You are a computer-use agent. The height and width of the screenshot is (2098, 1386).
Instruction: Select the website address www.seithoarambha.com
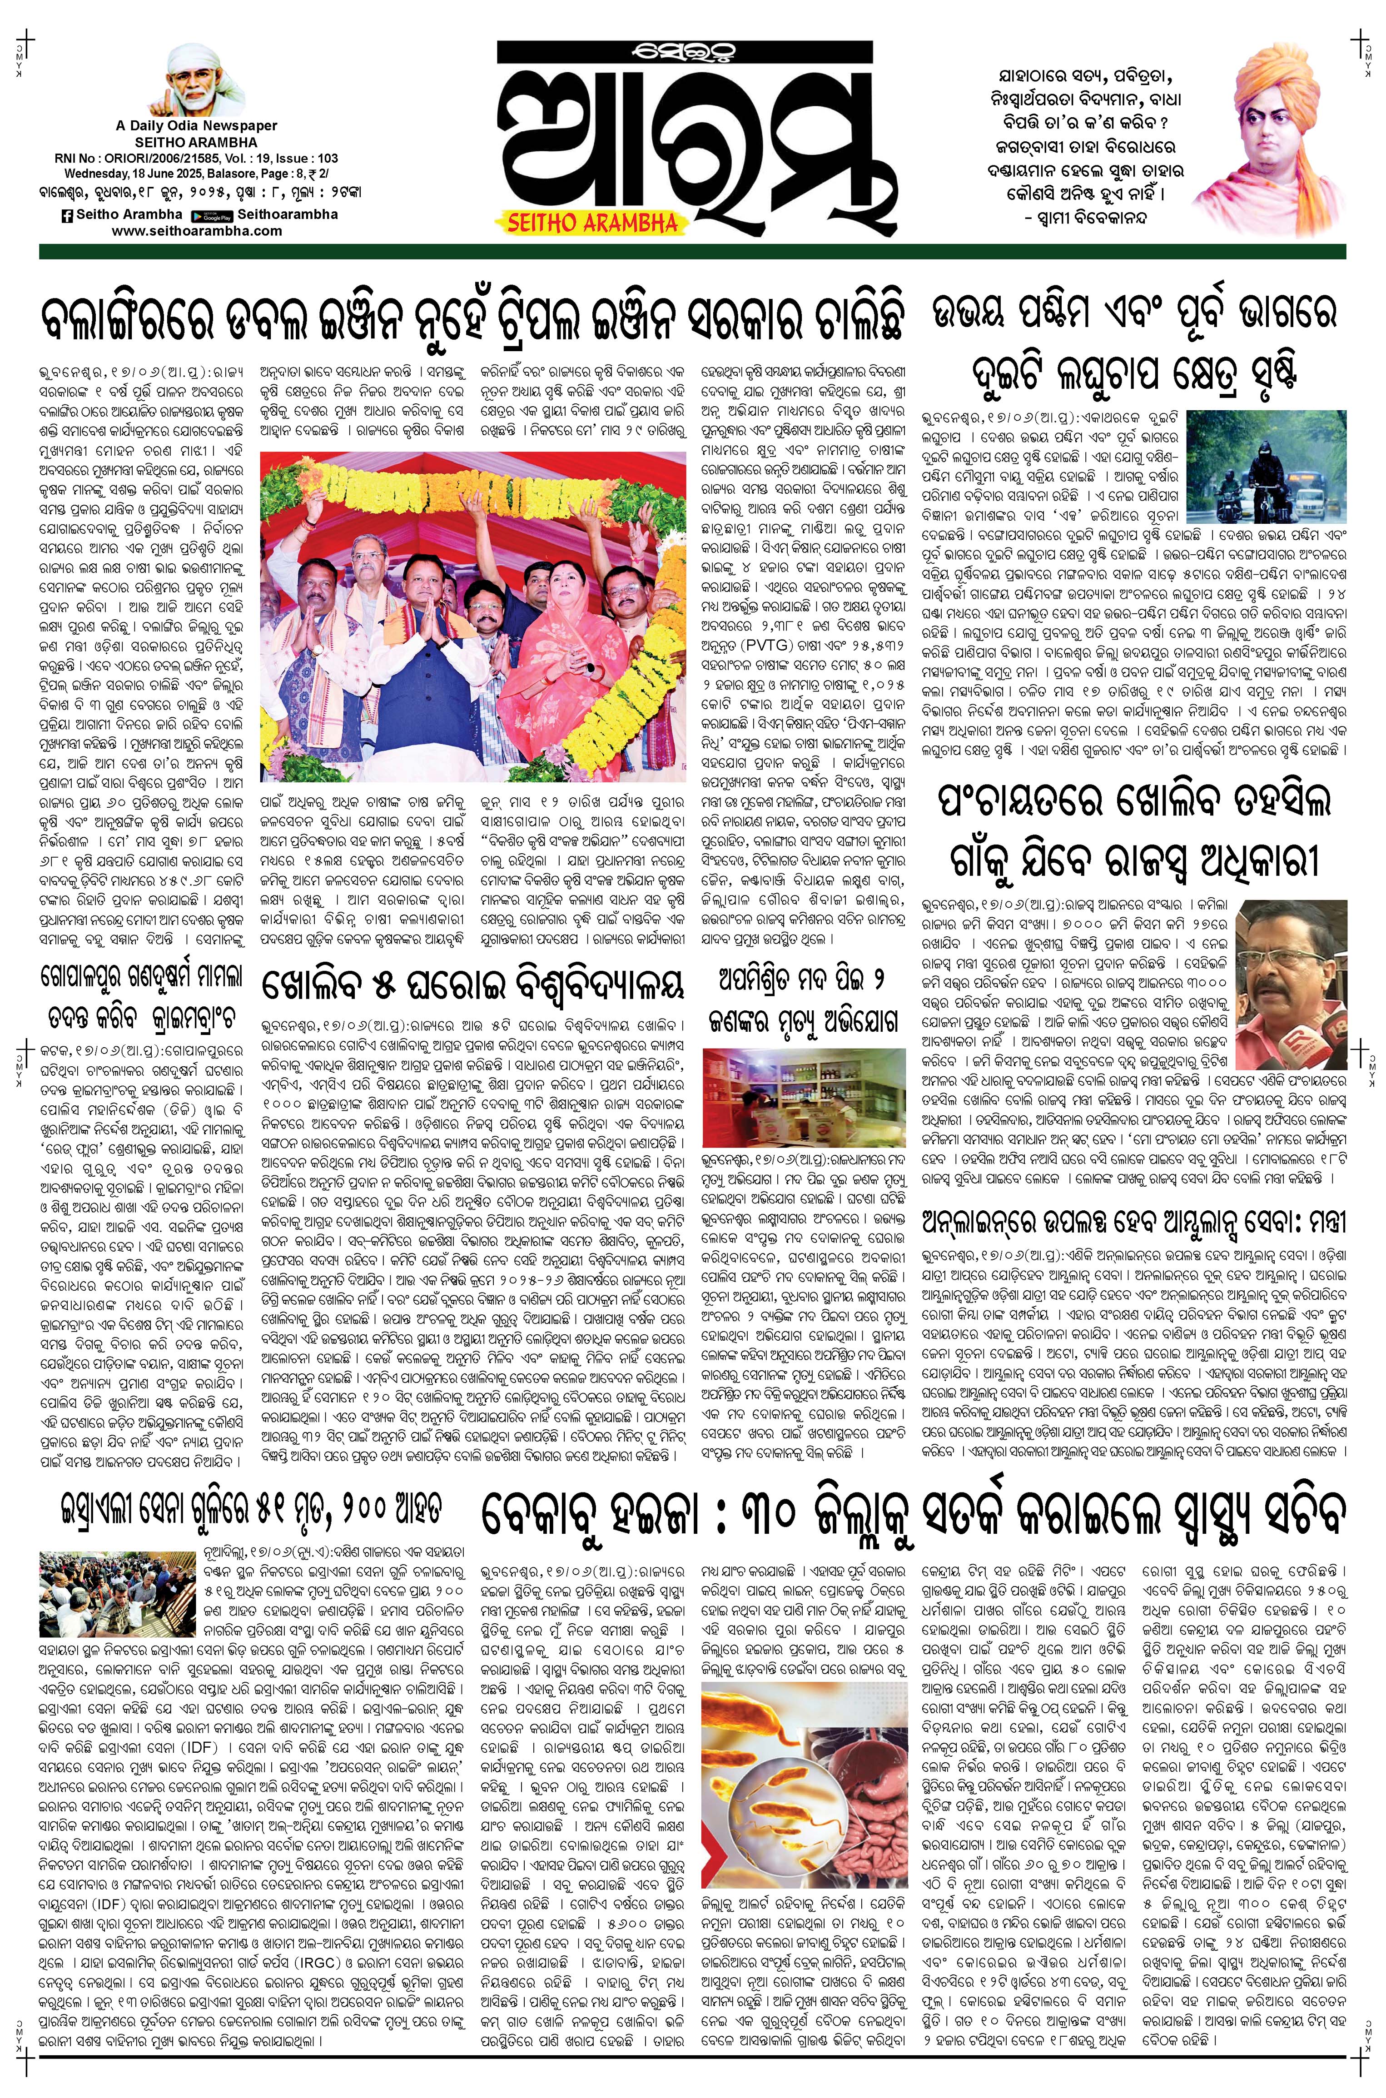(x=197, y=231)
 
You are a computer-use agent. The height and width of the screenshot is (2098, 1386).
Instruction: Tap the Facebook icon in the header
(x=66, y=215)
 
